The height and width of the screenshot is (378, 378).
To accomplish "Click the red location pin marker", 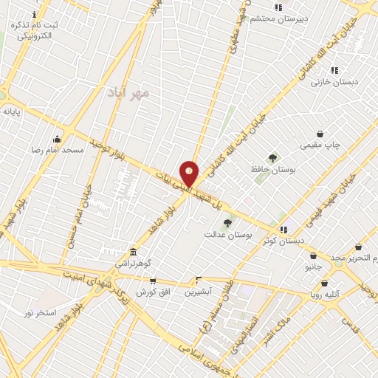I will [190, 173].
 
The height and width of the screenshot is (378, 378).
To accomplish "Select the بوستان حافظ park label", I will [273, 169].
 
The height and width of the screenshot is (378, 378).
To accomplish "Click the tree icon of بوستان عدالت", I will [227, 223].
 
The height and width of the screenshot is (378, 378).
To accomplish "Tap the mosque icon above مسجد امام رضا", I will [58, 139].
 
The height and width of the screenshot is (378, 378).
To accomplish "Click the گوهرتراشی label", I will [132, 263].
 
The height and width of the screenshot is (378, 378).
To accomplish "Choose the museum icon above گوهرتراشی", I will [133, 252].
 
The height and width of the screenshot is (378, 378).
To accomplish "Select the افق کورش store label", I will [153, 292].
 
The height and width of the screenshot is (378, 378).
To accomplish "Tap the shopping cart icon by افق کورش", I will [153, 281].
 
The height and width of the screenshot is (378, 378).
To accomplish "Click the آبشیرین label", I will [198, 292].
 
